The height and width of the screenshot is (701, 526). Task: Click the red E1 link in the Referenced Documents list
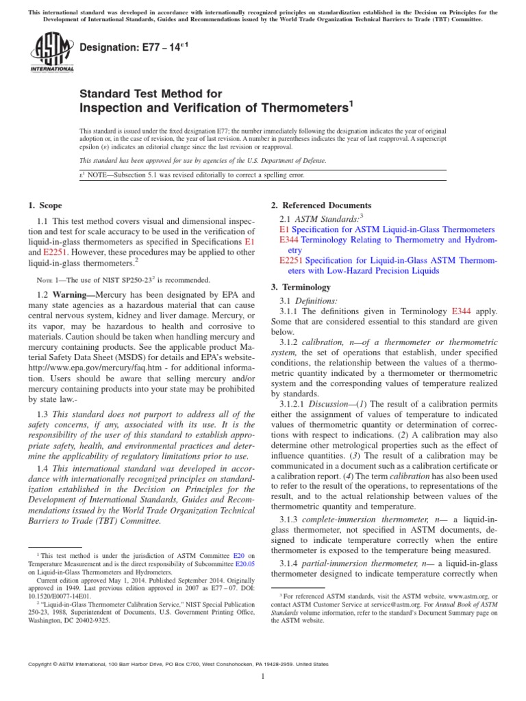(285, 229)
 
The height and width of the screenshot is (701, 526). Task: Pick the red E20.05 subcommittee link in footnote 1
(242, 564)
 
